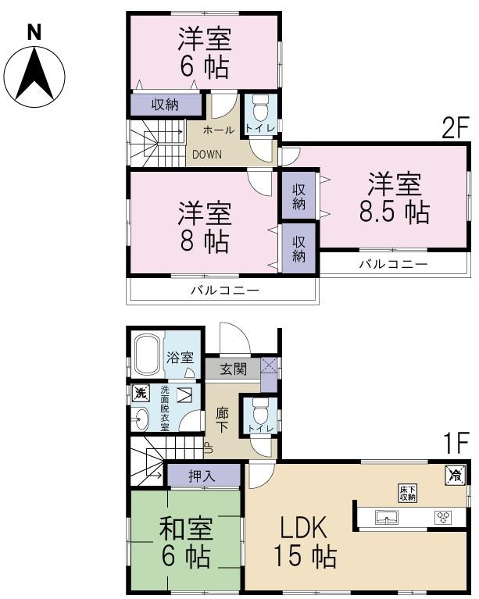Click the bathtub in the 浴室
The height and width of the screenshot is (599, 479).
[148, 358]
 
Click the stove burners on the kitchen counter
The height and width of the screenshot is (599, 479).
[443, 517]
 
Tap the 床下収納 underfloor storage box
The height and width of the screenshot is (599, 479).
[407, 492]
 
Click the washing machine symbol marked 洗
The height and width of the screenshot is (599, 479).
[141, 392]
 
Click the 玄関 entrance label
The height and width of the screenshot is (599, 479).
[233, 368]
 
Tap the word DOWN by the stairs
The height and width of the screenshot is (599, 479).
[207, 154]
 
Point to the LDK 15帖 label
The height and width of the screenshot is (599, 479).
[305, 542]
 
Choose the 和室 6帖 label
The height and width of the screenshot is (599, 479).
[185, 542]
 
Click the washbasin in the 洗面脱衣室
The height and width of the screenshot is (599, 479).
[141, 422]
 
